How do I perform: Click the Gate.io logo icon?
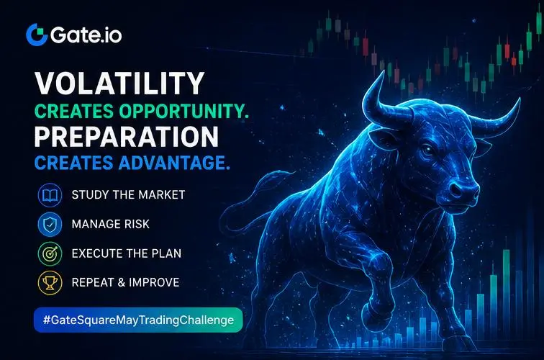(37, 35)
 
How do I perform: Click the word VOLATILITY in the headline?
(119, 84)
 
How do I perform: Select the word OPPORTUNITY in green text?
(184, 111)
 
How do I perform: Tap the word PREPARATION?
(127, 136)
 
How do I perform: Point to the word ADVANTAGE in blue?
(174, 163)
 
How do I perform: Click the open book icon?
(50, 195)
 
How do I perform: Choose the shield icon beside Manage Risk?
(50, 224)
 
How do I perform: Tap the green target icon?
(50, 253)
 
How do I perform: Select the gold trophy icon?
(50, 283)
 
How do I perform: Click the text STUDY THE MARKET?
(128, 194)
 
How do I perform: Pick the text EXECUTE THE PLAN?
(127, 253)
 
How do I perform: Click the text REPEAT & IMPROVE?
(126, 282)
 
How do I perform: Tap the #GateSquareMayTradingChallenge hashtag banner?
(138, 320)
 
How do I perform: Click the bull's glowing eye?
(427, 150)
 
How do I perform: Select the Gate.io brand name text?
(86, 35)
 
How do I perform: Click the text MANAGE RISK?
(111, 224)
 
